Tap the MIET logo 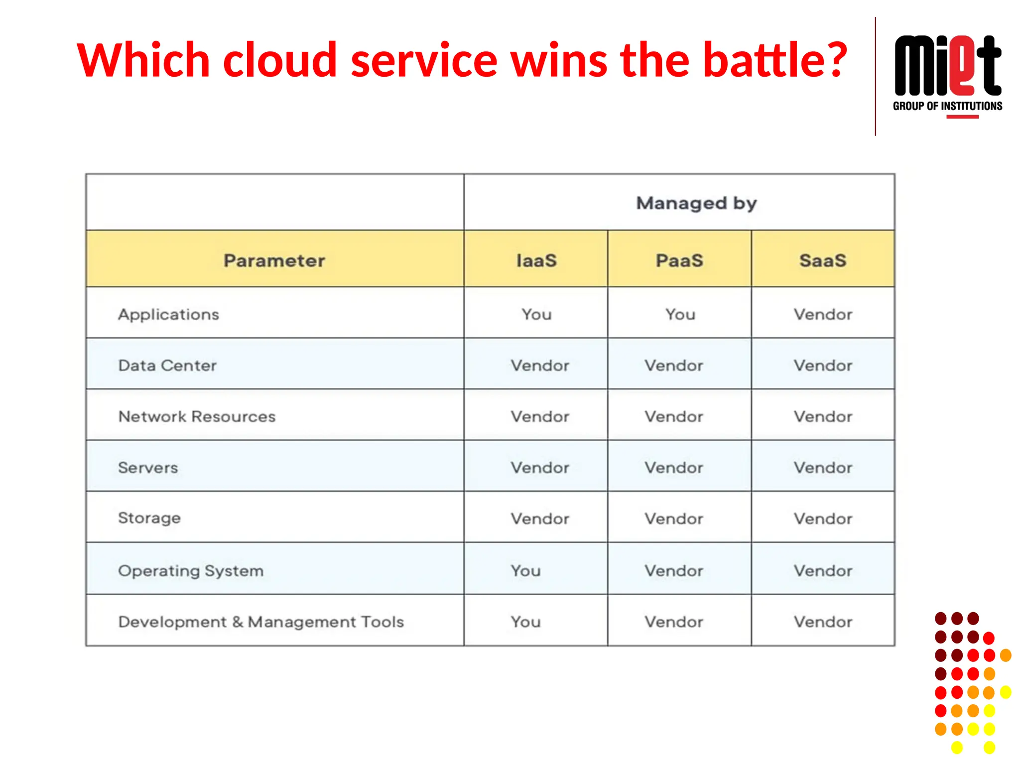click(947, 66)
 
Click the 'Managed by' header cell click(696, 203)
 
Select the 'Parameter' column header click(274, 260)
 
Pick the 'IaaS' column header click(536, 260)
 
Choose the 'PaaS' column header click(679, 260)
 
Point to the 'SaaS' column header click(823, 260)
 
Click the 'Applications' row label click(168, 314)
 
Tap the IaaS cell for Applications click(536, 314)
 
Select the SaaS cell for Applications click(823, 314)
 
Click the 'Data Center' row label click(167, 366)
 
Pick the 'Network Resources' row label click(197, 416)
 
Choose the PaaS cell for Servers click(674, 468)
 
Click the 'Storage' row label click(149, 518)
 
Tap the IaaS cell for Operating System click(525, 571)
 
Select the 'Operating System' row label click(191, 571)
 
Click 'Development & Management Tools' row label click(261, 622)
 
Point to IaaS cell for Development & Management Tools click(525, 622)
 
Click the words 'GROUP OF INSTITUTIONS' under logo click(947, 106)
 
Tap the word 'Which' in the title click(143, 61)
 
